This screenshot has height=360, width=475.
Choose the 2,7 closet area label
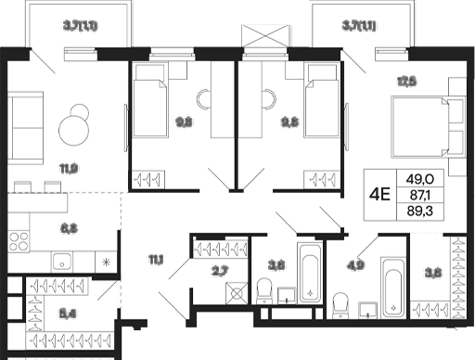pos(220,270)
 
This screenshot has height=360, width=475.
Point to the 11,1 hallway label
pos(155,260)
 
